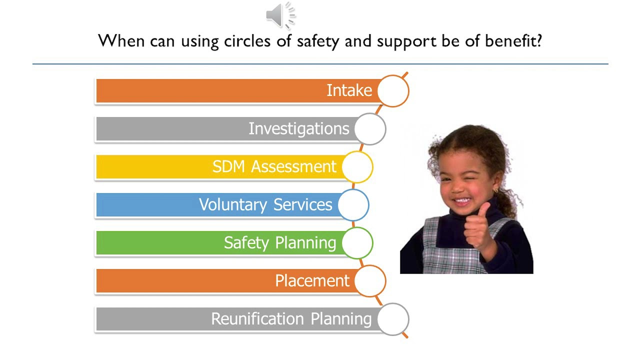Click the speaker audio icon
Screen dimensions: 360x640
tap(280, 15)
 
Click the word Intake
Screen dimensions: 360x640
tap(349, 90)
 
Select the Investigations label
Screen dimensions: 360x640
tap(298, 128)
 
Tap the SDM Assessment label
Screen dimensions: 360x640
tap(274, 166)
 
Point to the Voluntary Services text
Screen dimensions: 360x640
tap(265, 204)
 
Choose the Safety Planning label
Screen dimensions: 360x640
tap(280, 242)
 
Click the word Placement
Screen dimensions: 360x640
tap(312, 280)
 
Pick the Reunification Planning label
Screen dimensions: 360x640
tap(291, 318)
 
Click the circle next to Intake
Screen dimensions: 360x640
tap(393, 91)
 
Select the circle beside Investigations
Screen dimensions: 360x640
tap(370, 129)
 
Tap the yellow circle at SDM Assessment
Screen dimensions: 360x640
tap(357, 167)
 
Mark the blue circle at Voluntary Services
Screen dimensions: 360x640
tap(353, 205)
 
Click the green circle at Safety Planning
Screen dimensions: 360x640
tap(357, 243)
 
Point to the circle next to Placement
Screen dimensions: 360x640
tap(370, 281)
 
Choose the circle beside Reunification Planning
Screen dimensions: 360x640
tap(393, 319)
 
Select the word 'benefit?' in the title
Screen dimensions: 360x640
tap(513, 40)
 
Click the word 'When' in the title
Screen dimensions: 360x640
tap(121, 40)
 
